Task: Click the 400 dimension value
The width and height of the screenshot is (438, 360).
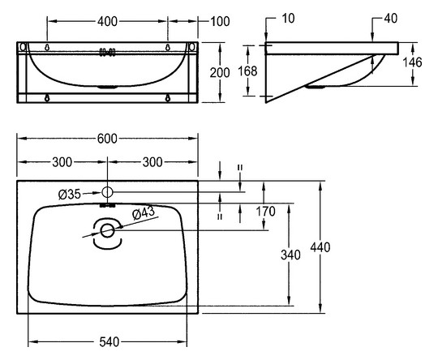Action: [108, 22]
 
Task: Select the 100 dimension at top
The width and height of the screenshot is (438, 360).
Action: [220, 22]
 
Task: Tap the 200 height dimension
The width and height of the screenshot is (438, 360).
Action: [220, 73]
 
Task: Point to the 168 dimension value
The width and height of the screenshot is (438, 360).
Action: [247, 71]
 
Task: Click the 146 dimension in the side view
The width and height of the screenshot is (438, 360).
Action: [412, 62]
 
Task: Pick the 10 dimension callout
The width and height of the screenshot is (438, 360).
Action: [288, 19]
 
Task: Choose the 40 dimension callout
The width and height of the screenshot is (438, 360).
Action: [390, 19]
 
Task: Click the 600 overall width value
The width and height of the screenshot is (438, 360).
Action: [107, 139]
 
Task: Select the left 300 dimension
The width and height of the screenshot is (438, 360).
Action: [62, 162]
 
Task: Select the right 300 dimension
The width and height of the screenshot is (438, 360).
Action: [152, 162]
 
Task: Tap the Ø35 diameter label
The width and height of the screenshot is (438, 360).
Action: [70, 194]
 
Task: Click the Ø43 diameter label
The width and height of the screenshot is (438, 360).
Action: [144, 214]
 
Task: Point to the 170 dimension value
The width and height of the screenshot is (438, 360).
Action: [266, 212]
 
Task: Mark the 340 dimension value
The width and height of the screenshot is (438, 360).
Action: [290, 255]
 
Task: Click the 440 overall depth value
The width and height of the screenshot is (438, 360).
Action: [320, 247]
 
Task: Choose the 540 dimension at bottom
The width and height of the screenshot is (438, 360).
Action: [109, 342]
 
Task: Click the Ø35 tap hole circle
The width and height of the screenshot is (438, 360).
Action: [107, 192]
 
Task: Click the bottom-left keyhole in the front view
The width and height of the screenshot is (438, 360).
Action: [47, 98]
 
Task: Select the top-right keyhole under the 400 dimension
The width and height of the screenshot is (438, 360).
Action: [168, 48]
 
